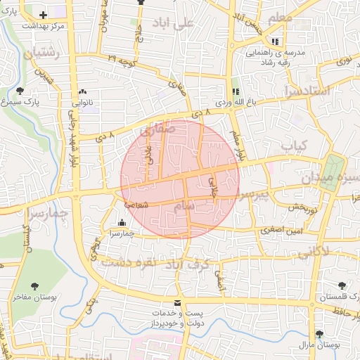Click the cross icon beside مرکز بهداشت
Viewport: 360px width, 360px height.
point(44,14)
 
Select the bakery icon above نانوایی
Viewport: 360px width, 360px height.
point(83,91)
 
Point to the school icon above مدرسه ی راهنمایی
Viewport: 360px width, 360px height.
point(276,41)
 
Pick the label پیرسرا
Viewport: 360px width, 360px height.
point(253,195)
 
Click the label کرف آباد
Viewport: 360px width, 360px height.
point(188,264)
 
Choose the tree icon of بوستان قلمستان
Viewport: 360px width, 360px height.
point(342,285)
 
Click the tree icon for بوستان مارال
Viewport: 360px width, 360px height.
point(320,334)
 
